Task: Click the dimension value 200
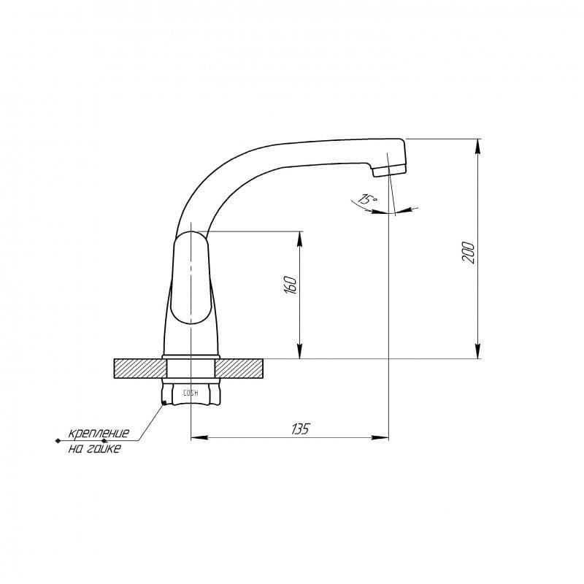pos(469,253)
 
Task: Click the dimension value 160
pos(291,285)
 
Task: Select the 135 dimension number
pos(300,429)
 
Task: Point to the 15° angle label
pos(368,199)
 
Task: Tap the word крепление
pos(99,433)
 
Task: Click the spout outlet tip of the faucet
pos(389,172)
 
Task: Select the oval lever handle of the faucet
pos(191,277)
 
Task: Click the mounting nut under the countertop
pos(191,392)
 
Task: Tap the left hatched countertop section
pos(140,369)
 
